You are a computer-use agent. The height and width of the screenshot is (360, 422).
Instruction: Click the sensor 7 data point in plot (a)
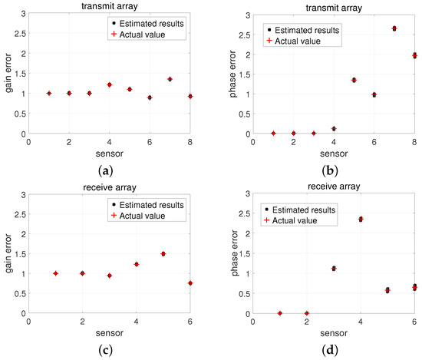coord(170,79)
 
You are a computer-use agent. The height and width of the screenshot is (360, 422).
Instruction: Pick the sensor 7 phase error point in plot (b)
coord(394,28)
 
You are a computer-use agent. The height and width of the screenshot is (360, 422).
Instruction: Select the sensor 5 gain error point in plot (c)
coord(163,254)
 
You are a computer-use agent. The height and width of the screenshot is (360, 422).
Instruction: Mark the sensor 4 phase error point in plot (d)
coord(361,220)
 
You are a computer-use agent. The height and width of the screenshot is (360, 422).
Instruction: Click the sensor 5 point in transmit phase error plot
coord(354,80)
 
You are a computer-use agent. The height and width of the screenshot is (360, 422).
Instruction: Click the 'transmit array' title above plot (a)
coord(109,6)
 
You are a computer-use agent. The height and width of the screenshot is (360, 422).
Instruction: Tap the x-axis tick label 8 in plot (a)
coord(190,143)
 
